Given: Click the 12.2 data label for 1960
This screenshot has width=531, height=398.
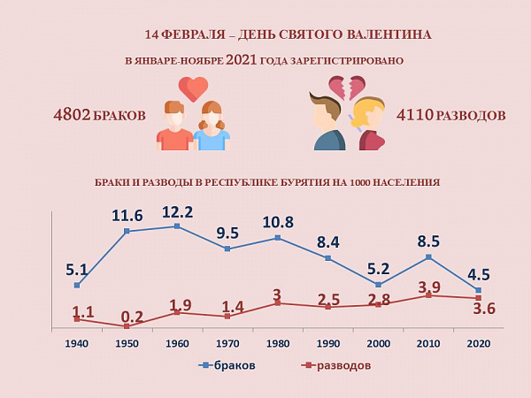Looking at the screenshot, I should click(177, 212).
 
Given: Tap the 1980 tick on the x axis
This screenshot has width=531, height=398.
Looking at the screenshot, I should click(278, 343).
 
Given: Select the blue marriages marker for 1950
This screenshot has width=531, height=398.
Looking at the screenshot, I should click(127, 231).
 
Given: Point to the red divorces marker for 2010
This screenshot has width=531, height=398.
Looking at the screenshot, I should click(428, 295).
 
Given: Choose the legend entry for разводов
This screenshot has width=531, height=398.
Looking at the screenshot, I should click(335, 365).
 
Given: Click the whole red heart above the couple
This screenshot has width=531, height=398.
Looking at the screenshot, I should click(193, 88).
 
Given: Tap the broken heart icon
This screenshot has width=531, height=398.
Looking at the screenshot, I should click(347, 88).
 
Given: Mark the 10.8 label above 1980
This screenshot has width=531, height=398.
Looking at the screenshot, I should click(278, 222).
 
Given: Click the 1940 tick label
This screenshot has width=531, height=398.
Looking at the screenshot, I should click(77, 343).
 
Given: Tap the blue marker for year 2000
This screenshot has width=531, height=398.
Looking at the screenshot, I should click(378, 285).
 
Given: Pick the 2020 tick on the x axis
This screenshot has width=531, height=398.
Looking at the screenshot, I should click(479, 343).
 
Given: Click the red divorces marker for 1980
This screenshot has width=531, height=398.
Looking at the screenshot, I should click(278, 303).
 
